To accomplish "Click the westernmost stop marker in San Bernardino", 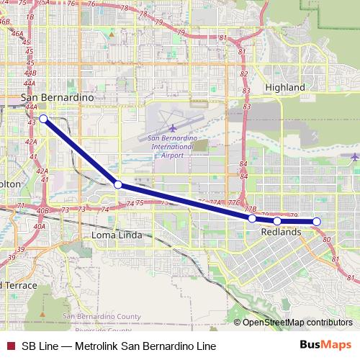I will point(43,118).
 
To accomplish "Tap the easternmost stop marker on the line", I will point(316,222).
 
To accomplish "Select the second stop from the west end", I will point(118,184).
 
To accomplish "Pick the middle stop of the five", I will point(252,218).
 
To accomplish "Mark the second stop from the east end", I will point(277,221).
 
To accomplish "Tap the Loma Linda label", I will point(114,235).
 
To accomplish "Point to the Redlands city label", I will point(280,233).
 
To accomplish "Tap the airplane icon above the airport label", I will point(172,129).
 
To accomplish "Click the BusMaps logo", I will point(325,345).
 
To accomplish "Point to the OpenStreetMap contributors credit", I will point(297,323).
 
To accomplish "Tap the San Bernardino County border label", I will point(102,317).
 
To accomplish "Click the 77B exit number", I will point(250,209).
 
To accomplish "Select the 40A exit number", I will point(39,226).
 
